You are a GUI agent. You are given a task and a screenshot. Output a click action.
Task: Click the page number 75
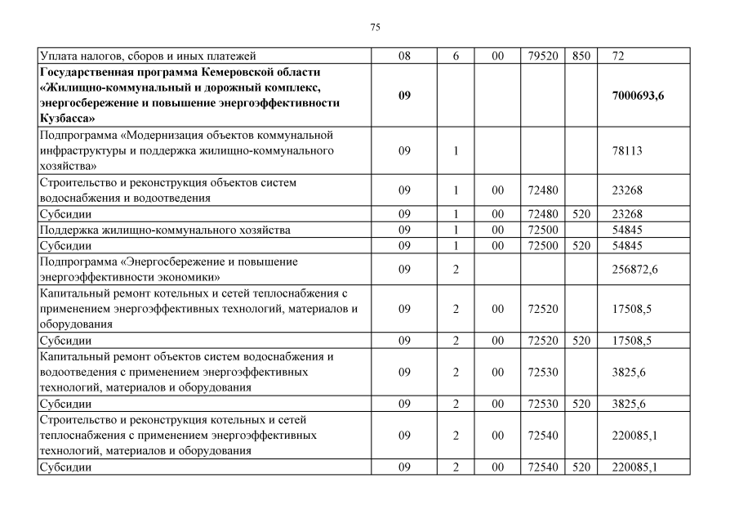tap(375, 28)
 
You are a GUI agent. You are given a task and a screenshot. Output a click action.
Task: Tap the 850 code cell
tap(581, 56)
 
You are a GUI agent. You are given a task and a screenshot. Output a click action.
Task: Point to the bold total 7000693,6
tap(638, 96)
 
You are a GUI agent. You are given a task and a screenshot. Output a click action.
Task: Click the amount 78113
tap(627, 150)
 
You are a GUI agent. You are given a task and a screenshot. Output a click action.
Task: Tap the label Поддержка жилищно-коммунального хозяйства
tap(165, 230)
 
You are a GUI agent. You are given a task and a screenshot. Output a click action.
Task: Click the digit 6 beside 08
tap(456, 56)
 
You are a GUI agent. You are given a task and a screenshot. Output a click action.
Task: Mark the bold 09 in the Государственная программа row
tap(405, 96)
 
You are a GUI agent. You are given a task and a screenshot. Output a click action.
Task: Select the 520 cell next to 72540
tap(581, 467)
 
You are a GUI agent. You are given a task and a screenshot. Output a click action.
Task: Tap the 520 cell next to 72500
tap(581, 245)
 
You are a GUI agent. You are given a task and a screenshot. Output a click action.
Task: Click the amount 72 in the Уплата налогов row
tap(617, 56)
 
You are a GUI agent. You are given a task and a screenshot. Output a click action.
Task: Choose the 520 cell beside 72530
tap(581, 404)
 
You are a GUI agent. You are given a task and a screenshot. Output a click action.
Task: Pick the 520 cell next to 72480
tap(581, 214)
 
